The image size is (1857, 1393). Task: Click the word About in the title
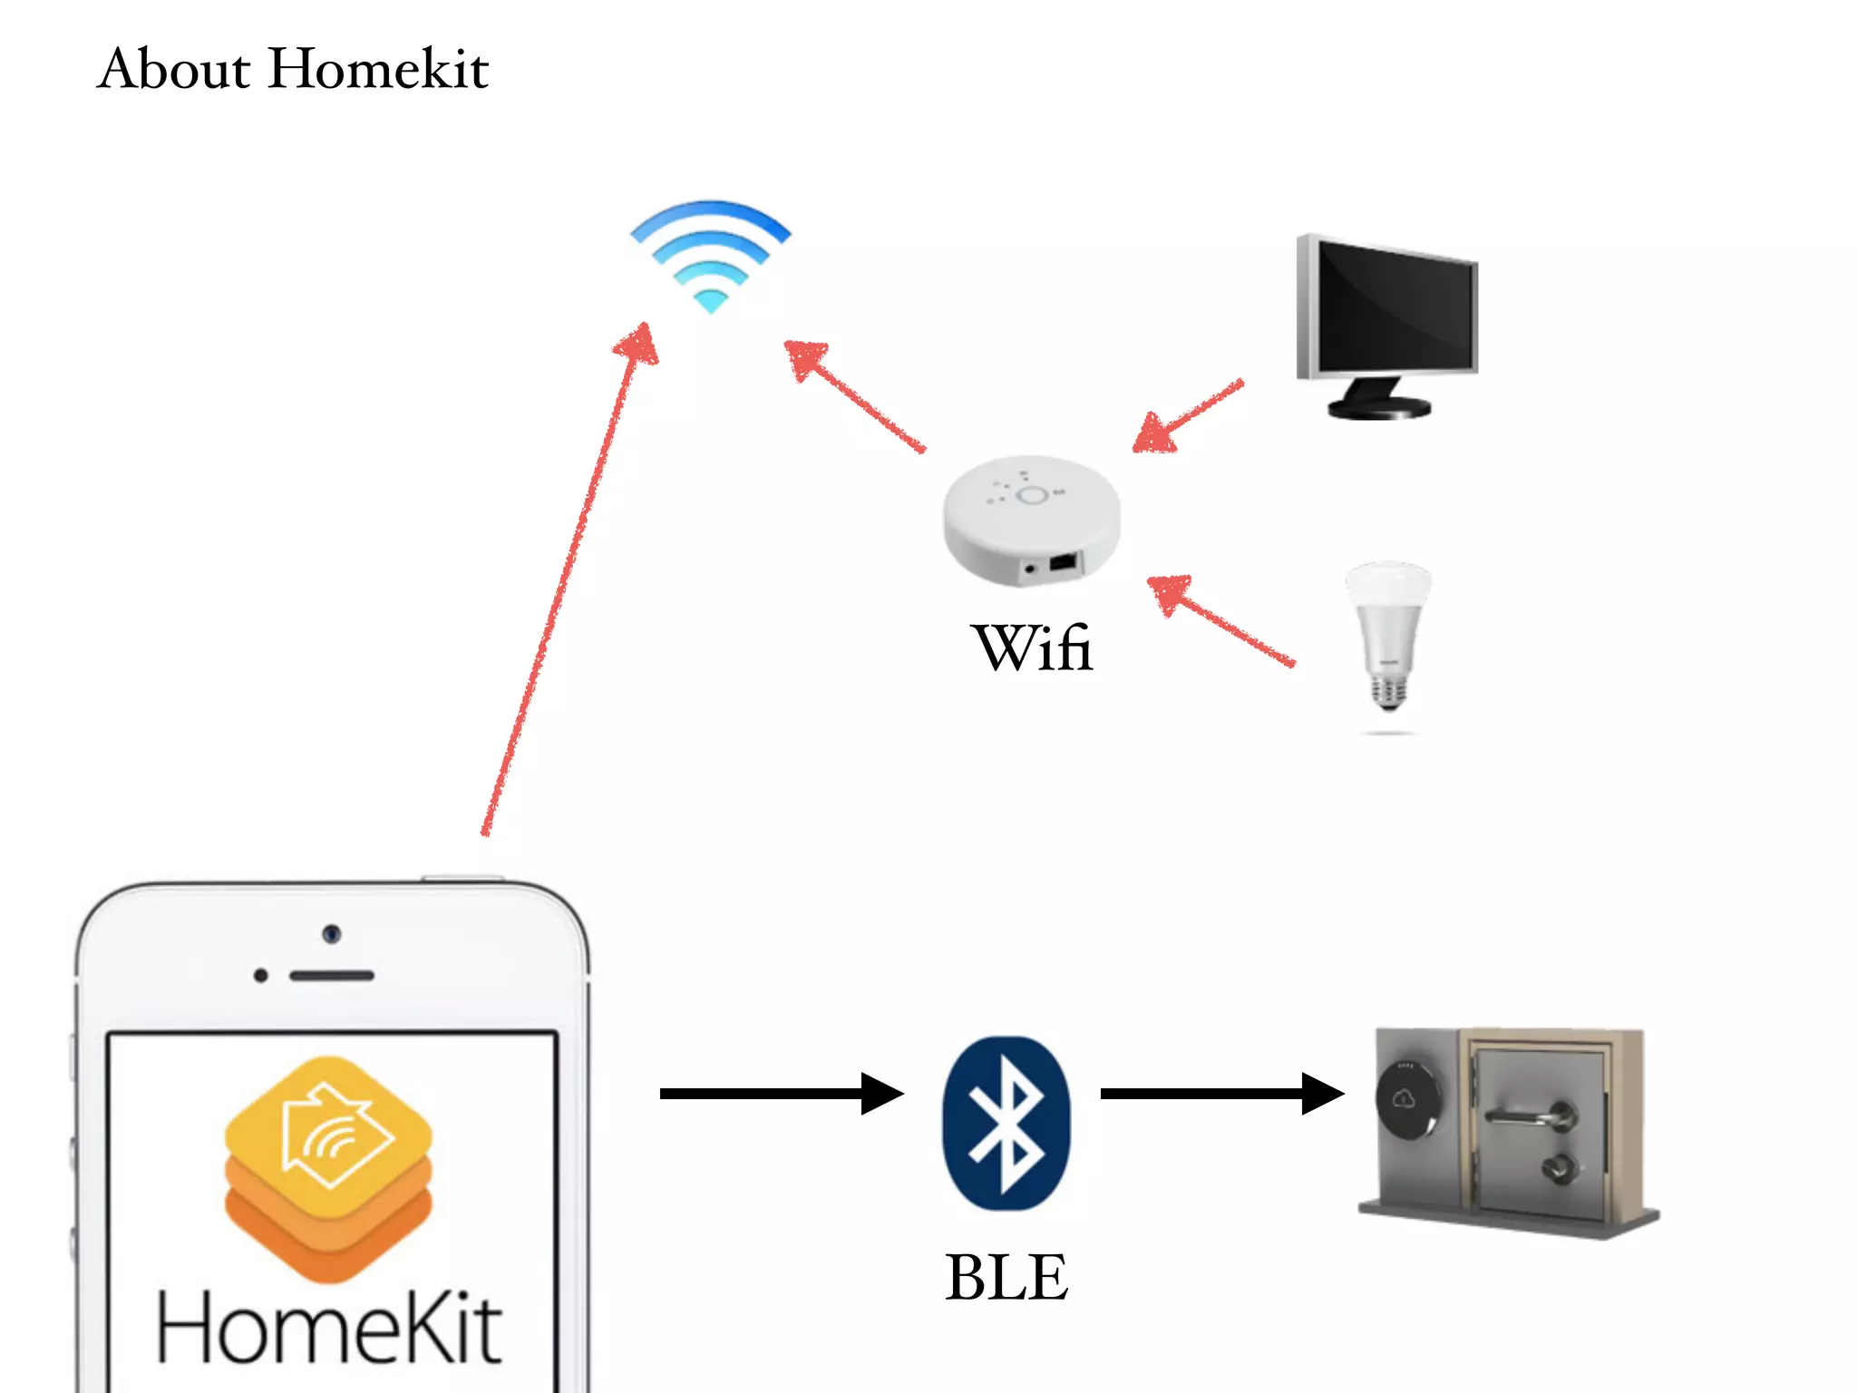pyautogui.click(x=173, y=69)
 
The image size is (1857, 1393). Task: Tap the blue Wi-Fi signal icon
pyautogui.click(x=710, y=255)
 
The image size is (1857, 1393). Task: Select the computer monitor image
pyautogui.click(x=1388, y=322)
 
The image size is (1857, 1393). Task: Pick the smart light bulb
pyautogui.click(x=1387, y=635)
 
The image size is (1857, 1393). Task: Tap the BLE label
pyautogui.click(x=1006, y=1277)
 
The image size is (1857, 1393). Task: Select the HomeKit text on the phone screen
pyautogui.click(x=328, y=1328)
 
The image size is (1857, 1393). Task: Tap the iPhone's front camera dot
pyautogui.click(x=332, y=933)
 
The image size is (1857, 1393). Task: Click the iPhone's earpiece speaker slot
pyautogui.click(x=332, y=976)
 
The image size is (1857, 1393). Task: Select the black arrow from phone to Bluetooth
pyautogui.click(x=780, y=1094)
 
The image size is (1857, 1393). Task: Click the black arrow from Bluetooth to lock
pyautogui.click(x=1220, y=1094)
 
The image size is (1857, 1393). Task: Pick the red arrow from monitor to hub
pyautogui.click(x=1188, y=417)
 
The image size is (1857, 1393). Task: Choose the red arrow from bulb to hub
pyautogui.click(x=1220, y=621)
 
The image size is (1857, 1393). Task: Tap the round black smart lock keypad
pyautogui.click(x=1406, y=1100)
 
